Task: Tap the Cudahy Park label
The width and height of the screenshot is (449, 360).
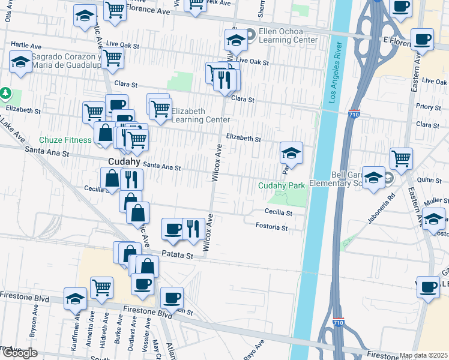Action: click(282, 185)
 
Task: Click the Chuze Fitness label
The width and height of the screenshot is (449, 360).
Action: click(66, 140)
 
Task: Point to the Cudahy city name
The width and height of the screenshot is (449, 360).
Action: click(124, 161)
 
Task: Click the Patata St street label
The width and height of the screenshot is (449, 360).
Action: click(179, 255)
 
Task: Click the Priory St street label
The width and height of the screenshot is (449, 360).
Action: click(429, 107)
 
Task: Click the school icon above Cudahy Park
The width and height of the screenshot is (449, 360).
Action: click(291, 153)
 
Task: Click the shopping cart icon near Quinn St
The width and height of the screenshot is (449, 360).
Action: click(401, 159)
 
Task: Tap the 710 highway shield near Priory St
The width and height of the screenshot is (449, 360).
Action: click(354, 113)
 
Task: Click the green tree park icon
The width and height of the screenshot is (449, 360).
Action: click(6, 93)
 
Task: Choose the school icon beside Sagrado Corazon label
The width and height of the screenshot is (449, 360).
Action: click(21, 62)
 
